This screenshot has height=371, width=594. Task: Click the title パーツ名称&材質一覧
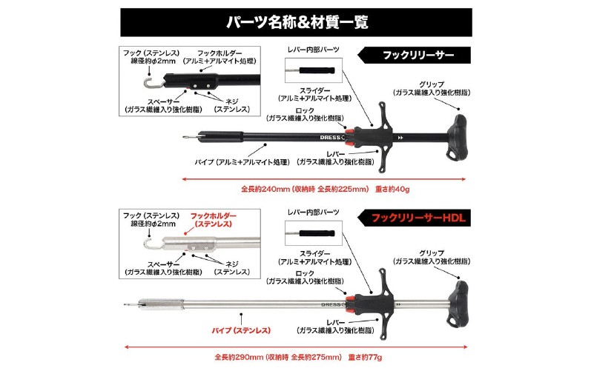point(297,22)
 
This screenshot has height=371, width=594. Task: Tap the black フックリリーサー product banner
point(415,56)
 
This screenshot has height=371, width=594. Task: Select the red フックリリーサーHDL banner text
point(418,218)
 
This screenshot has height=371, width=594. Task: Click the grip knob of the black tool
point(457,138)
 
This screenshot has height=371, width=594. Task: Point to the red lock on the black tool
point(349,137)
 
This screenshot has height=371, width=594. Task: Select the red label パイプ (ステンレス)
point(241,330)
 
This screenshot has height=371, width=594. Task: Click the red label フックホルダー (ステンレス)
point(213,220)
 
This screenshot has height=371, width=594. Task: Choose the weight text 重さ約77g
point(365,357)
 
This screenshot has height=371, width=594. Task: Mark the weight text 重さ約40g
point(392,189)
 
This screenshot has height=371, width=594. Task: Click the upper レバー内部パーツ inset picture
point(314,70)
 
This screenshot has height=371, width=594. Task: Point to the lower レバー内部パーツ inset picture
point(314,233)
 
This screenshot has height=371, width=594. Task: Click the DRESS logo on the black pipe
point(331,137)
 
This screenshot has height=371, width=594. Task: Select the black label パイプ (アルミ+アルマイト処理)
point(242,162)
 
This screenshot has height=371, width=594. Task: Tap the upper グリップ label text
point(432,84)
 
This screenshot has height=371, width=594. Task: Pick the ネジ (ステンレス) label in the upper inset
point(232,105)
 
